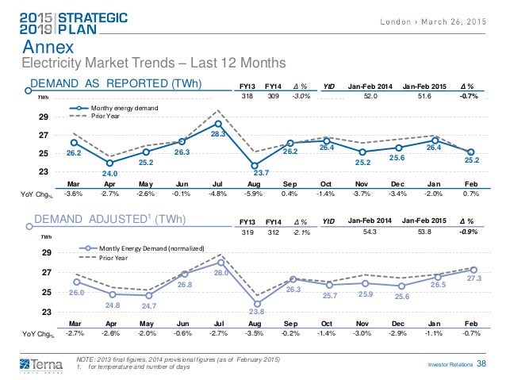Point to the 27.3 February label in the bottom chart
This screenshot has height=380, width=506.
[473, 278]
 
